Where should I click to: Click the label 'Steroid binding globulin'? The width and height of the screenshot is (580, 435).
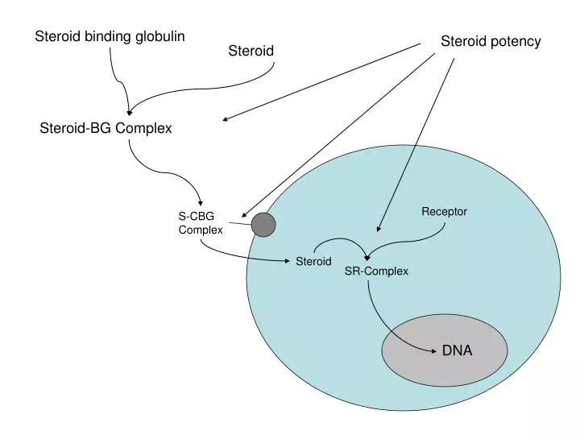[110, 36]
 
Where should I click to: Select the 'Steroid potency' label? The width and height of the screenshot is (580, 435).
[491, 41]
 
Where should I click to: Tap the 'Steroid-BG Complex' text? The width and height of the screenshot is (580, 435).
[106, 128]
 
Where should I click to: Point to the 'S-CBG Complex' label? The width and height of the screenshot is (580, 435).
[200, 223]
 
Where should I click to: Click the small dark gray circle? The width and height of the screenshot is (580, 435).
[263, 225]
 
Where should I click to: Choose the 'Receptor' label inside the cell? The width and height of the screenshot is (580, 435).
[444, 212]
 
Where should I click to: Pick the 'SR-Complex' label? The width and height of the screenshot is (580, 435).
[376, 271]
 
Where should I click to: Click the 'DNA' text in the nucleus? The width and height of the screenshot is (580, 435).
[457, 350]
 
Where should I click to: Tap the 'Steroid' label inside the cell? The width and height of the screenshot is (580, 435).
[313, 262]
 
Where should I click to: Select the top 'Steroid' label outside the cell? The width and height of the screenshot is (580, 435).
[251, 52]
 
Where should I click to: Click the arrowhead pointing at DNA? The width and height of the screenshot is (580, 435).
[433, 350]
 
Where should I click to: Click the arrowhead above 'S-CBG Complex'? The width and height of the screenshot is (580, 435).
[201, 204]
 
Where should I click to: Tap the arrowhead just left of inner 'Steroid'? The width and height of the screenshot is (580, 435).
[289, 261]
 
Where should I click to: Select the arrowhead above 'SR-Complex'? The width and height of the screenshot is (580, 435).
[367, 256]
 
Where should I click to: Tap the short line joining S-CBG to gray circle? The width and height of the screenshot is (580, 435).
[239, 223]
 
